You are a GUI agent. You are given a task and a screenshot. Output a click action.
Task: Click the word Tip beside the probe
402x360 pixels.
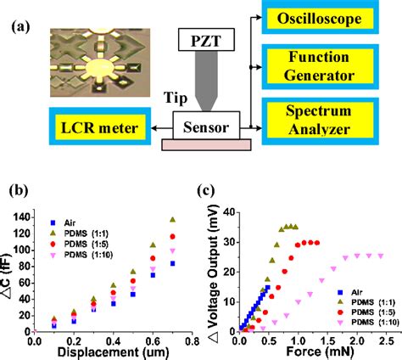[164, 98]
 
